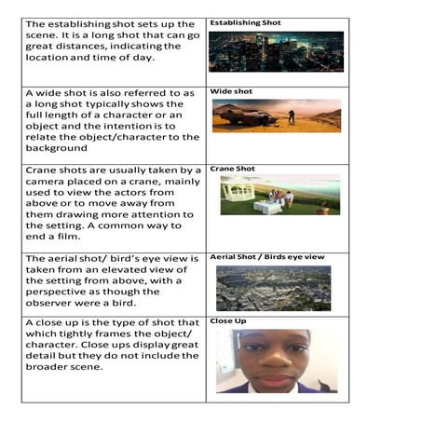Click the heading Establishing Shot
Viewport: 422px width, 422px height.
click(245, 21)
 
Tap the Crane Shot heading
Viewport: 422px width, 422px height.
click(232, 169)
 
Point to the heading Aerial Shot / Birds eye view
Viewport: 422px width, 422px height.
click(265, 255)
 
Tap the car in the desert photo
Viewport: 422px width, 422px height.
click(243, 116)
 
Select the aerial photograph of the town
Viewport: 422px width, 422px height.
click(273, 288)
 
